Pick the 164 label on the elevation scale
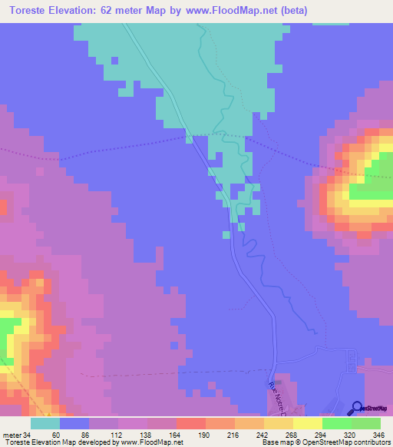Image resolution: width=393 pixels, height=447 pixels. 177,434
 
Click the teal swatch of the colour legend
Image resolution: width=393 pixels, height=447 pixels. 45,423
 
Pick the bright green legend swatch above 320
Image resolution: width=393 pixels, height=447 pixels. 336,423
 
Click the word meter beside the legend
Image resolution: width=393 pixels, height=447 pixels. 10,434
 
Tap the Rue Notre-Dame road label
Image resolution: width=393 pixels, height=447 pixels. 276,396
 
